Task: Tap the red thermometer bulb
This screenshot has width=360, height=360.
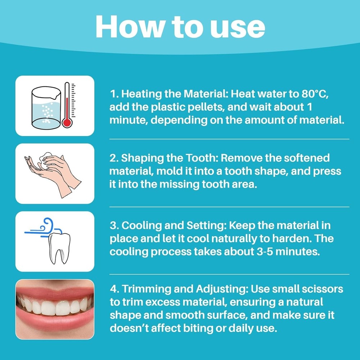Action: point(67,122)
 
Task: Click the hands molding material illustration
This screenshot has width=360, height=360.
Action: point(54,173)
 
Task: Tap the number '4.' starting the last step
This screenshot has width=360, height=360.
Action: point(114,289)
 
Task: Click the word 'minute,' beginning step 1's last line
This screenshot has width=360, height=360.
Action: point(129,120)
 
